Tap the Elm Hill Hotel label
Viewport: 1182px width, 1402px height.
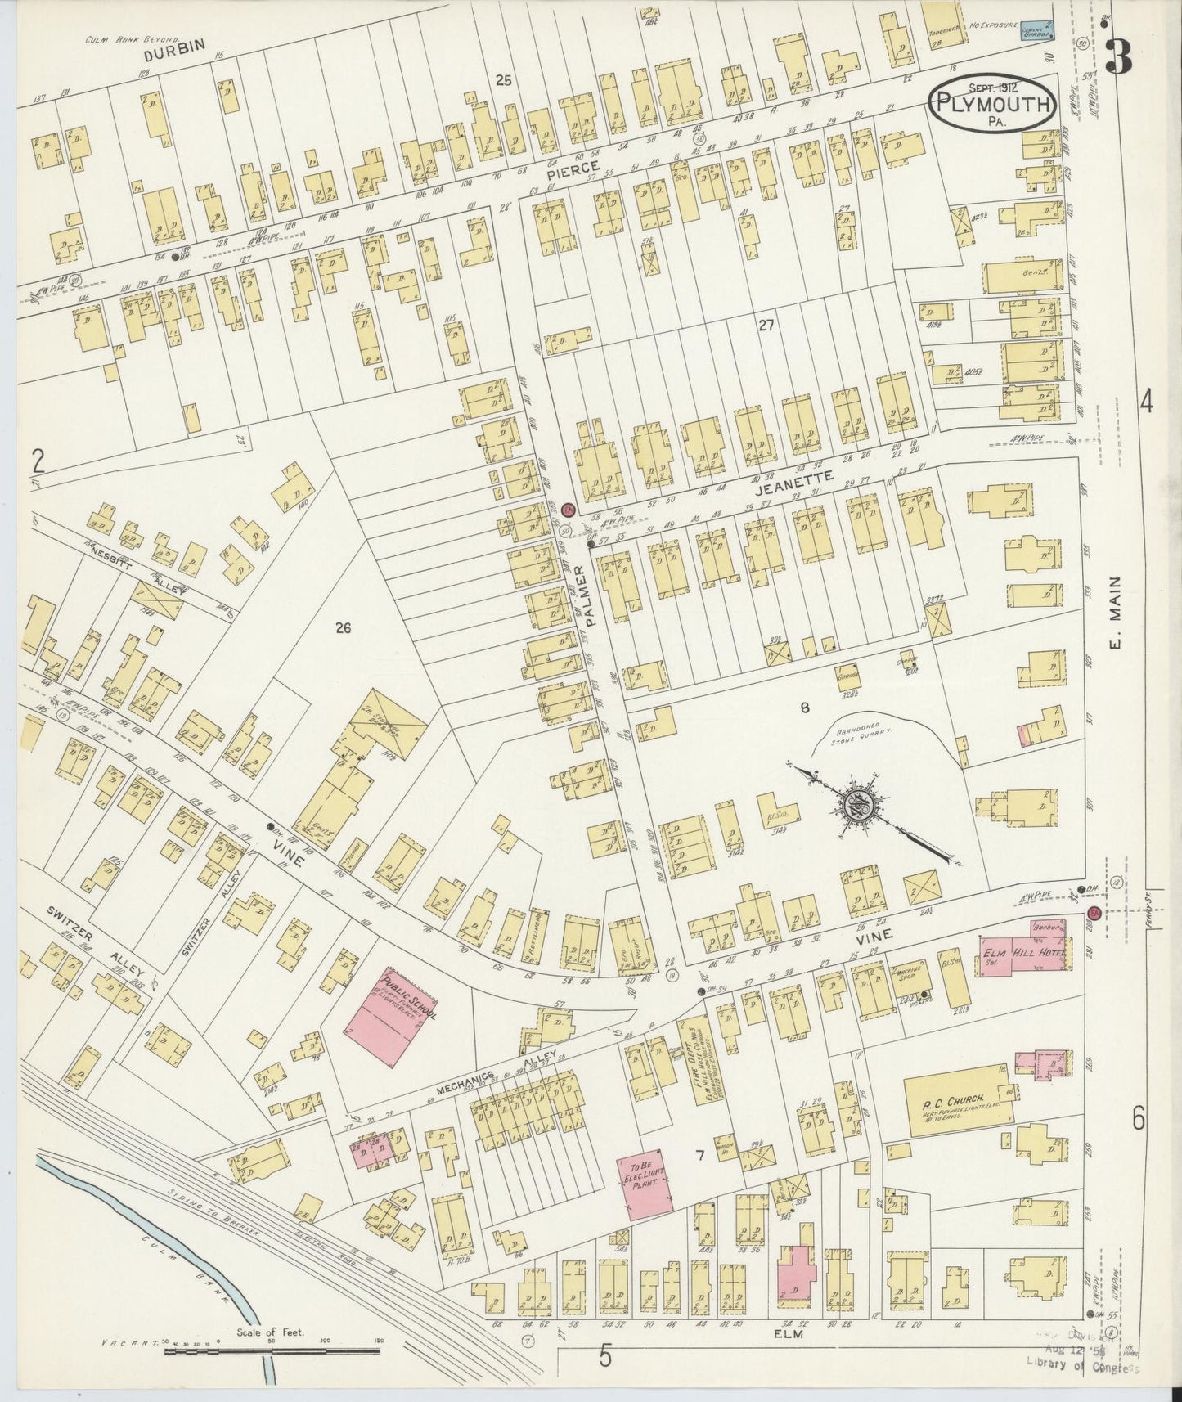(x=1012, y=950)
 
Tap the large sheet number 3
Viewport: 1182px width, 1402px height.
(x=1117, y=57)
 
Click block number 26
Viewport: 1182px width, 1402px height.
(x=342, y=628)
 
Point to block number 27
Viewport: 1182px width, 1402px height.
(x=766, y=326)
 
